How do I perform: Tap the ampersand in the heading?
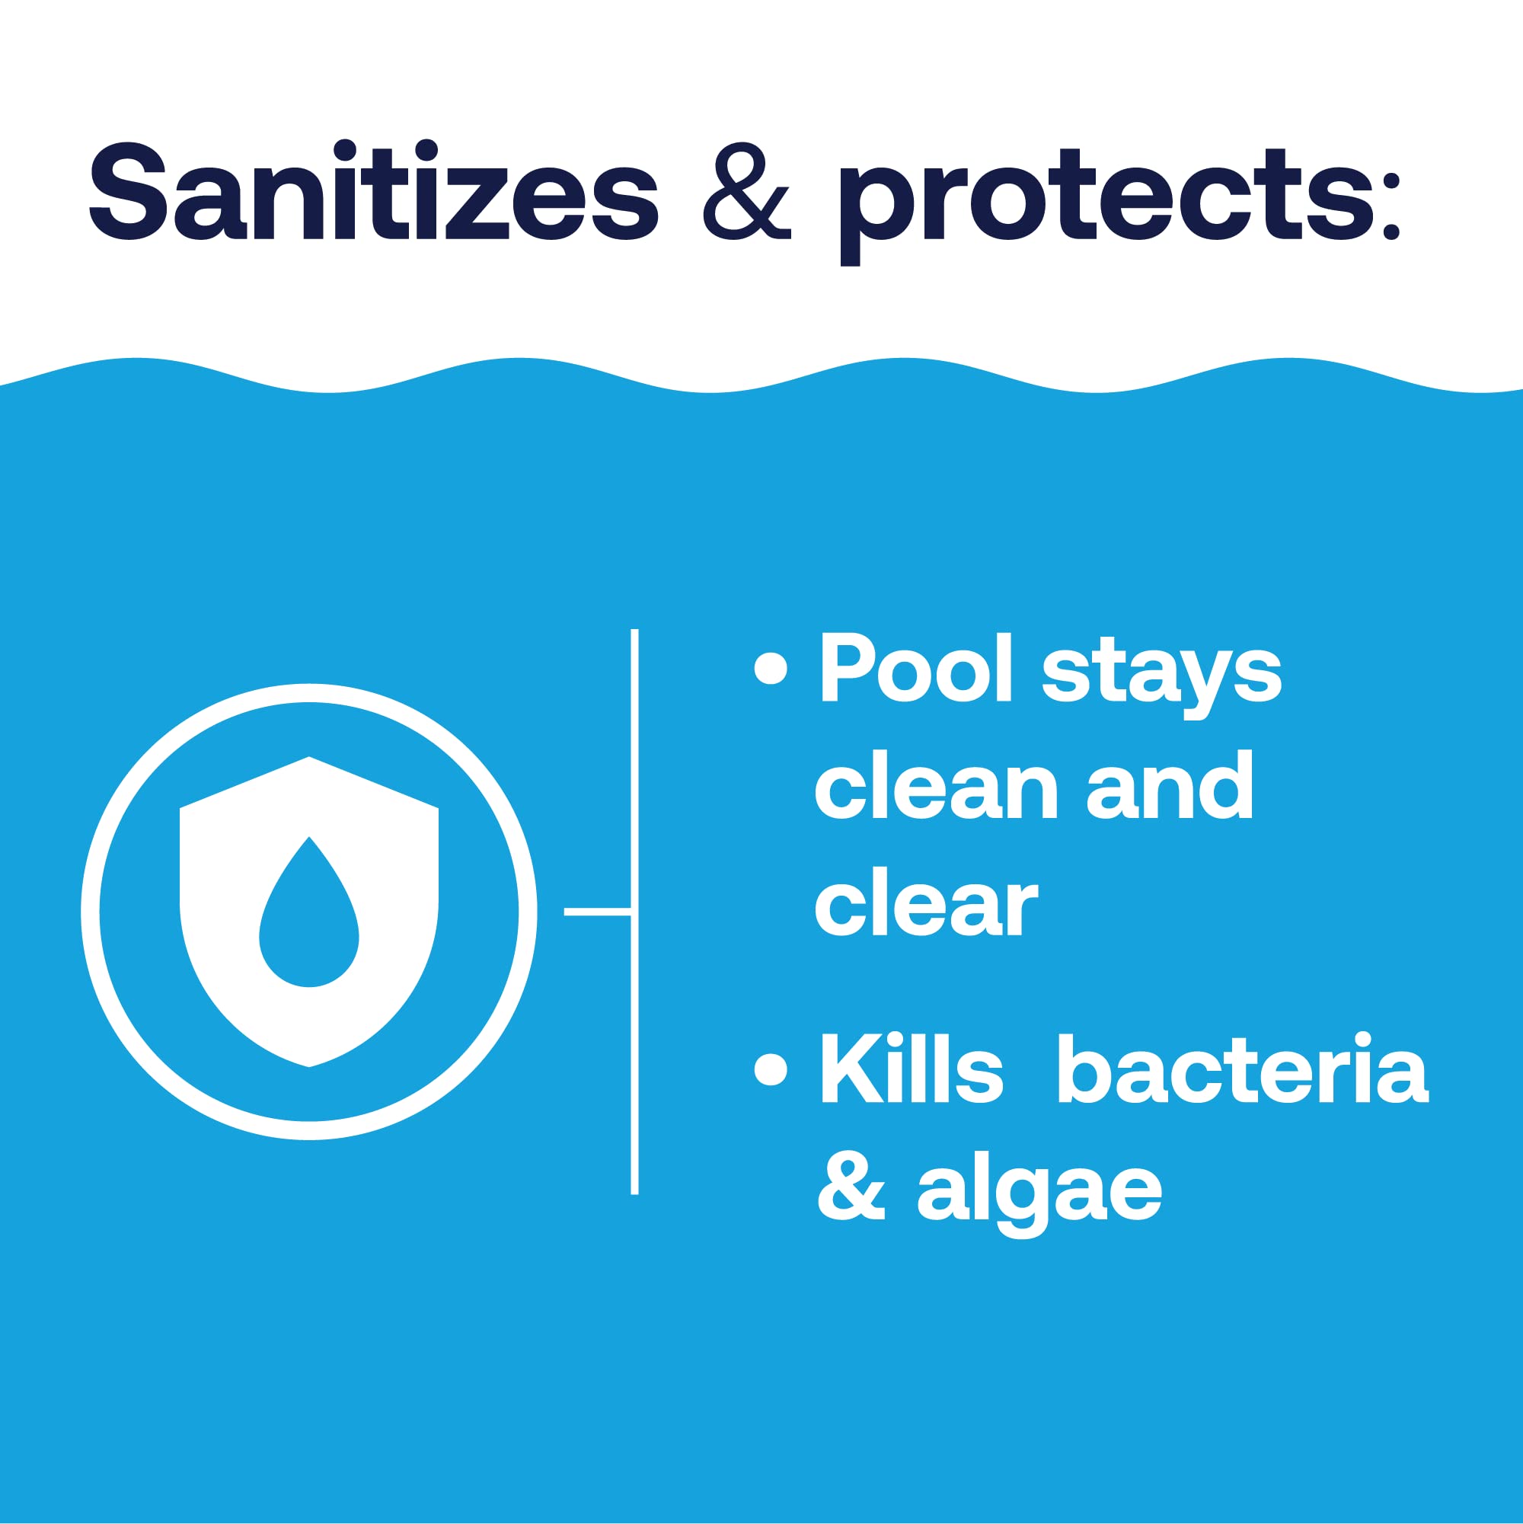746,192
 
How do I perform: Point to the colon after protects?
1390,205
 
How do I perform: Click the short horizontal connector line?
597,912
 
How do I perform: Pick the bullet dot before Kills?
771,1069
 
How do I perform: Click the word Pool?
914,669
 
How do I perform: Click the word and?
1170,787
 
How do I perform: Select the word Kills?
912,1069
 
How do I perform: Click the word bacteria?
1242,1069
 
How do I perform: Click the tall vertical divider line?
634,912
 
